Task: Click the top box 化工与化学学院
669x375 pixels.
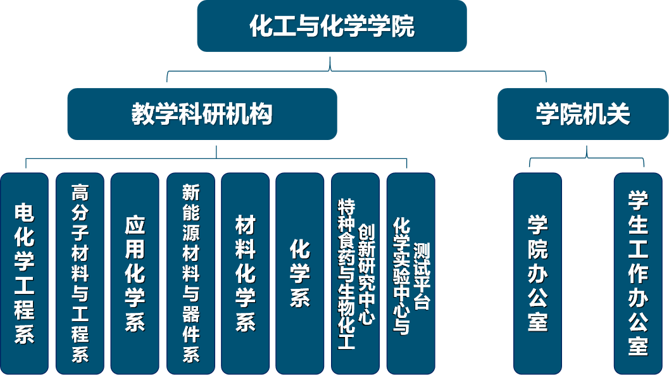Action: pyautogui.click(x=332, y=26)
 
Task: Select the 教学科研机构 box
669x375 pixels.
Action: pyautogui.click(x=202, y=114)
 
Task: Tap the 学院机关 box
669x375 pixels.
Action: pyautogui.click(x=583, y=114)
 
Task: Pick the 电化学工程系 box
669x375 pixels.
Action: pyautogui.click(x=24, y=273)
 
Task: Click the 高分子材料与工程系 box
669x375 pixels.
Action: pyautogui.click(x=80, y=273)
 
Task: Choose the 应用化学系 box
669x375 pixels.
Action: pyautogui.click(x=135, y=273)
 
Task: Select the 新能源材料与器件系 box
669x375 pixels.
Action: pyautogui.click(x=191, y=273)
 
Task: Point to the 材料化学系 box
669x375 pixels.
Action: pyautogui.click(x=245, y=273)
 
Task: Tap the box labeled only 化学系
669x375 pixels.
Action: pyautogui.click(x=299, y=273)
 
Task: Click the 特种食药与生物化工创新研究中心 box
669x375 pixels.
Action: pyautogui.click(x=355, y=273)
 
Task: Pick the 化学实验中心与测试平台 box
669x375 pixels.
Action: pyautogui.click(x=411, y=273)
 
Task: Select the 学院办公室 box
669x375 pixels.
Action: pyautogui.click(x=537, y=273)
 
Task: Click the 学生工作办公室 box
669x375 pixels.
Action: pyautogui.click(x=638, y=273)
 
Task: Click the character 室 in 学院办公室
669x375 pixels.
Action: pyautogui.click(x=537, y=321)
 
